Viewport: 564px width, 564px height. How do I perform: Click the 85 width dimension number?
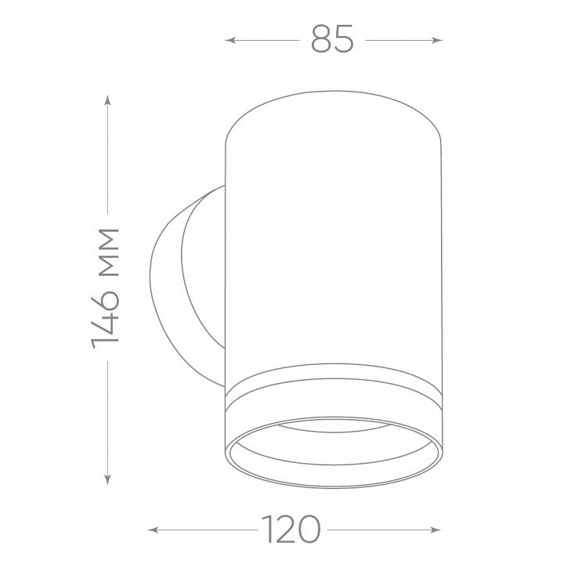coord(332,39)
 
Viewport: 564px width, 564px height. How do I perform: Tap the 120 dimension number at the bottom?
coord(291,529)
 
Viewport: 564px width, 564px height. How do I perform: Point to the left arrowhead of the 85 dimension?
coord(230,40)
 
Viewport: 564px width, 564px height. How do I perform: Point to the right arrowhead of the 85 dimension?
coord(437,40)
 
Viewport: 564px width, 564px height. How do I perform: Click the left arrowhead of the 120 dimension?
coord(153,530)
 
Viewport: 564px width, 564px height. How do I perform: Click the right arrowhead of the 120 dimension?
coord(436,530)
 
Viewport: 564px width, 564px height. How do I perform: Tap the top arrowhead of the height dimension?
coord(107,100)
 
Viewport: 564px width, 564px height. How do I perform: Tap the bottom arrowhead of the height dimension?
coord(107,479)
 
